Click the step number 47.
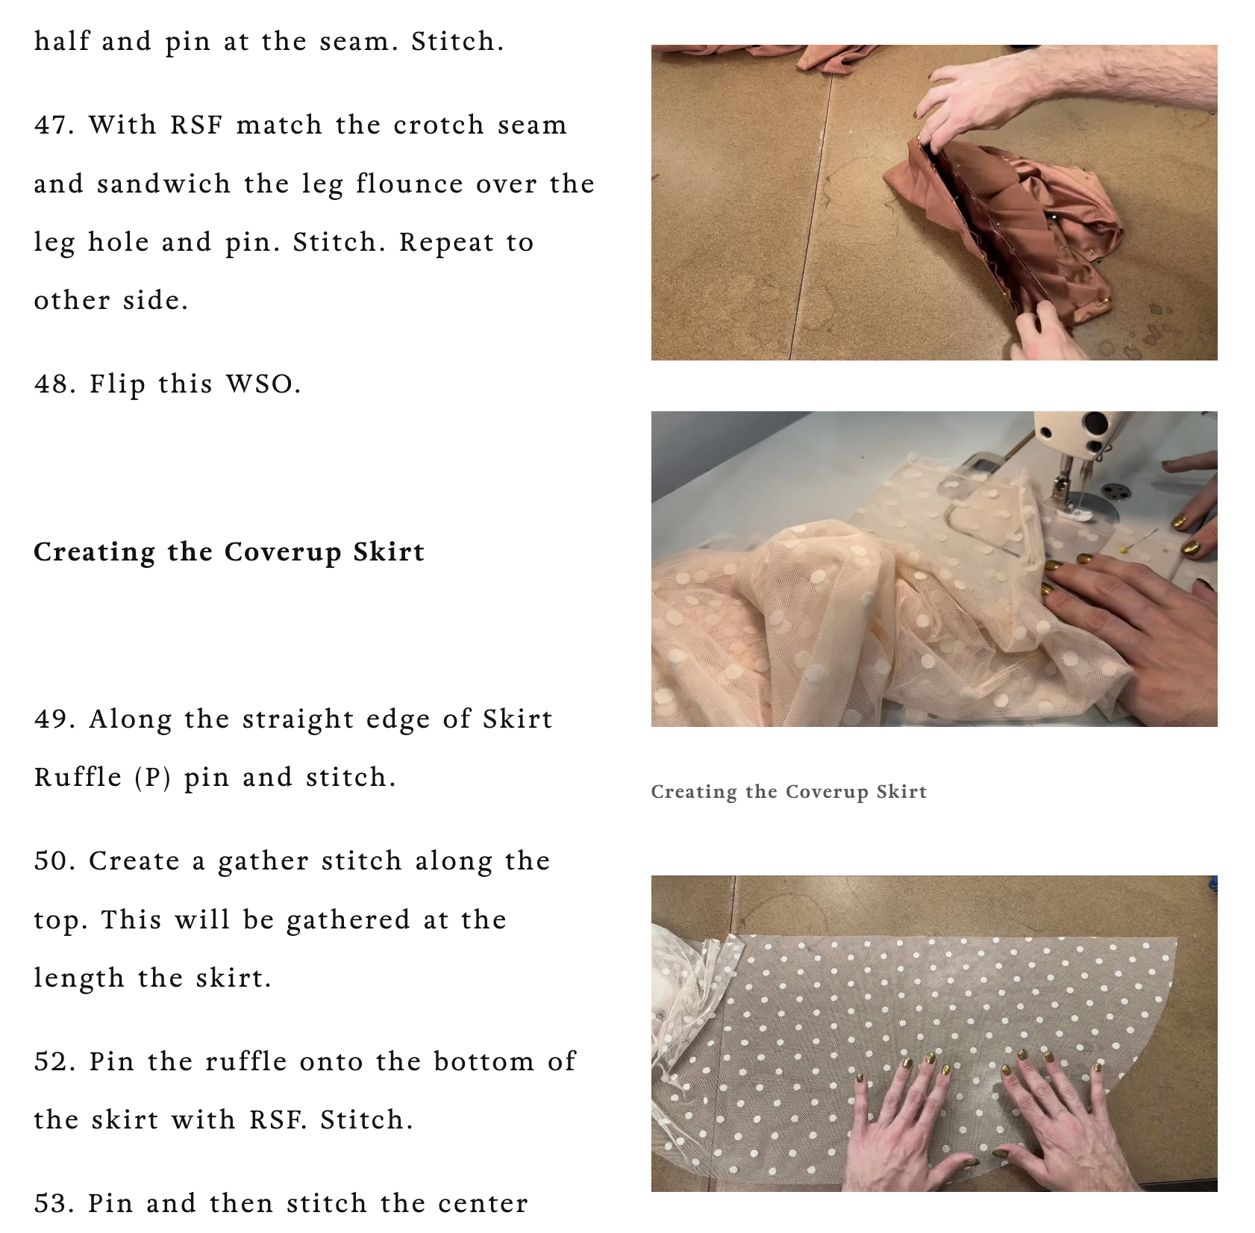[54, 125]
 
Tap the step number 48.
[55, 384]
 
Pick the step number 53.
[54, 1202]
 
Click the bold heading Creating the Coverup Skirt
[229, 552]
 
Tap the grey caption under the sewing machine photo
[789, 791]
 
